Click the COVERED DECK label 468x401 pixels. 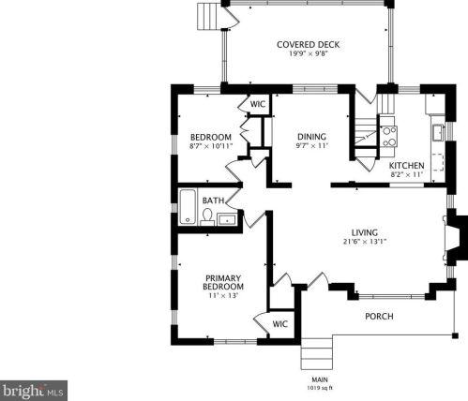308,44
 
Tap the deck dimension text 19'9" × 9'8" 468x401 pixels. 308,54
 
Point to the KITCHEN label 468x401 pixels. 407,165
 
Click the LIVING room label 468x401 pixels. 364,232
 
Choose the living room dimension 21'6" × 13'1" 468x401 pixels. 364,243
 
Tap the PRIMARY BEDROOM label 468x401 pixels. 224,281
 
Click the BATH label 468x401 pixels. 213,200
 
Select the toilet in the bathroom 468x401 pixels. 206,216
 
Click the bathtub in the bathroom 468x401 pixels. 187,203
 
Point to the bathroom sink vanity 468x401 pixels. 226,219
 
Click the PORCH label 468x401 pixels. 379,316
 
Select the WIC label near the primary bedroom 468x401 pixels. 279,324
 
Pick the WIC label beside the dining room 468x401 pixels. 258,104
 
